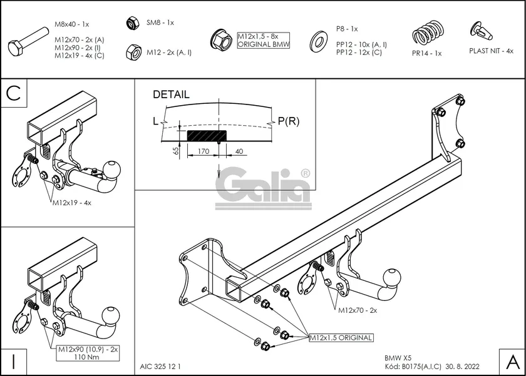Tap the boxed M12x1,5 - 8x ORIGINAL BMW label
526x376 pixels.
point(263,41)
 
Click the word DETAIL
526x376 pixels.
point(171,95)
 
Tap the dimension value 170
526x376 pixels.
point(202,151)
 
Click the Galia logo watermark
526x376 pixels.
point(263,188)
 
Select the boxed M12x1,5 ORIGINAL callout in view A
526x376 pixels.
point(341,338)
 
